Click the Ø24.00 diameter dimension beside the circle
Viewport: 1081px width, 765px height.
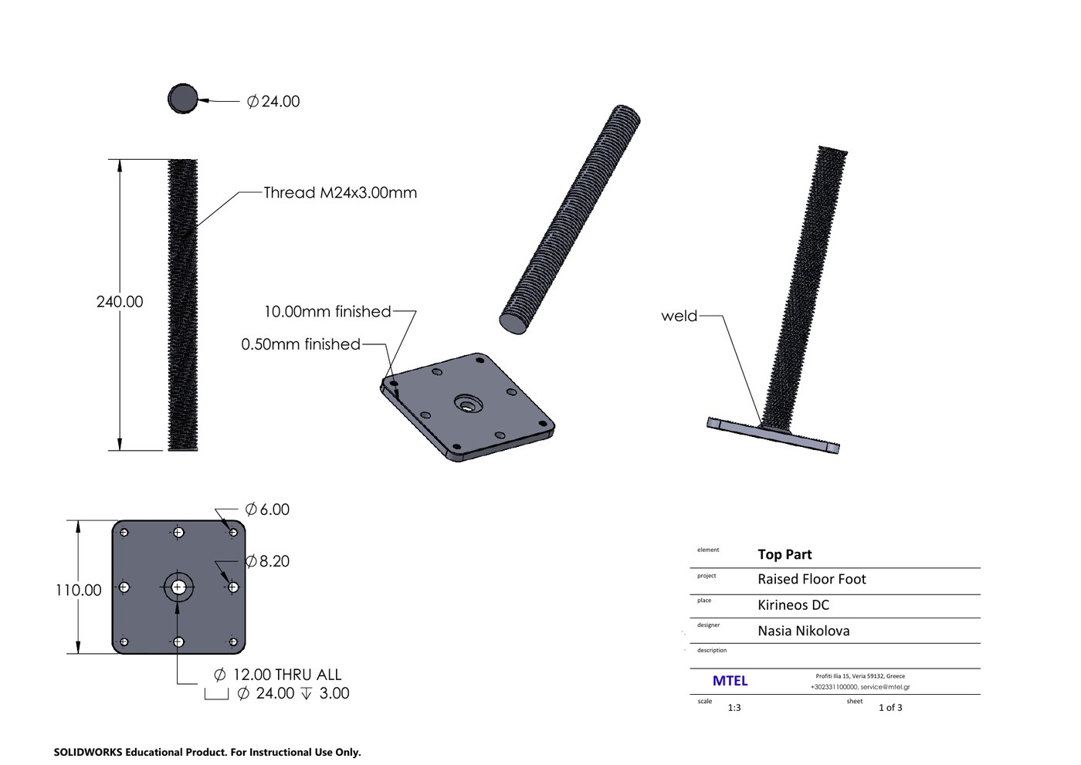coord(273,101)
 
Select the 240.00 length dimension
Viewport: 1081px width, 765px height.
coord(120,302)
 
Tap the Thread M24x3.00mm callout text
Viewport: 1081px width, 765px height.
coord(341,192)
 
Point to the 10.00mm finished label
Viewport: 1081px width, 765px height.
coord(327,312)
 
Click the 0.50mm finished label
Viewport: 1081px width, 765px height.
coord(300,344)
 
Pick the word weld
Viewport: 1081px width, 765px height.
coord(679,316)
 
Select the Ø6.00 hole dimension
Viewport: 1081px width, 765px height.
coord(267,509)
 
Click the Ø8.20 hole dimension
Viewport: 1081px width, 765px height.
coord(267,561)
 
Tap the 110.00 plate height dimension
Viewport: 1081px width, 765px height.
coord(79,590)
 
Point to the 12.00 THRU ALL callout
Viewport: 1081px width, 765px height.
coord(277,675)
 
